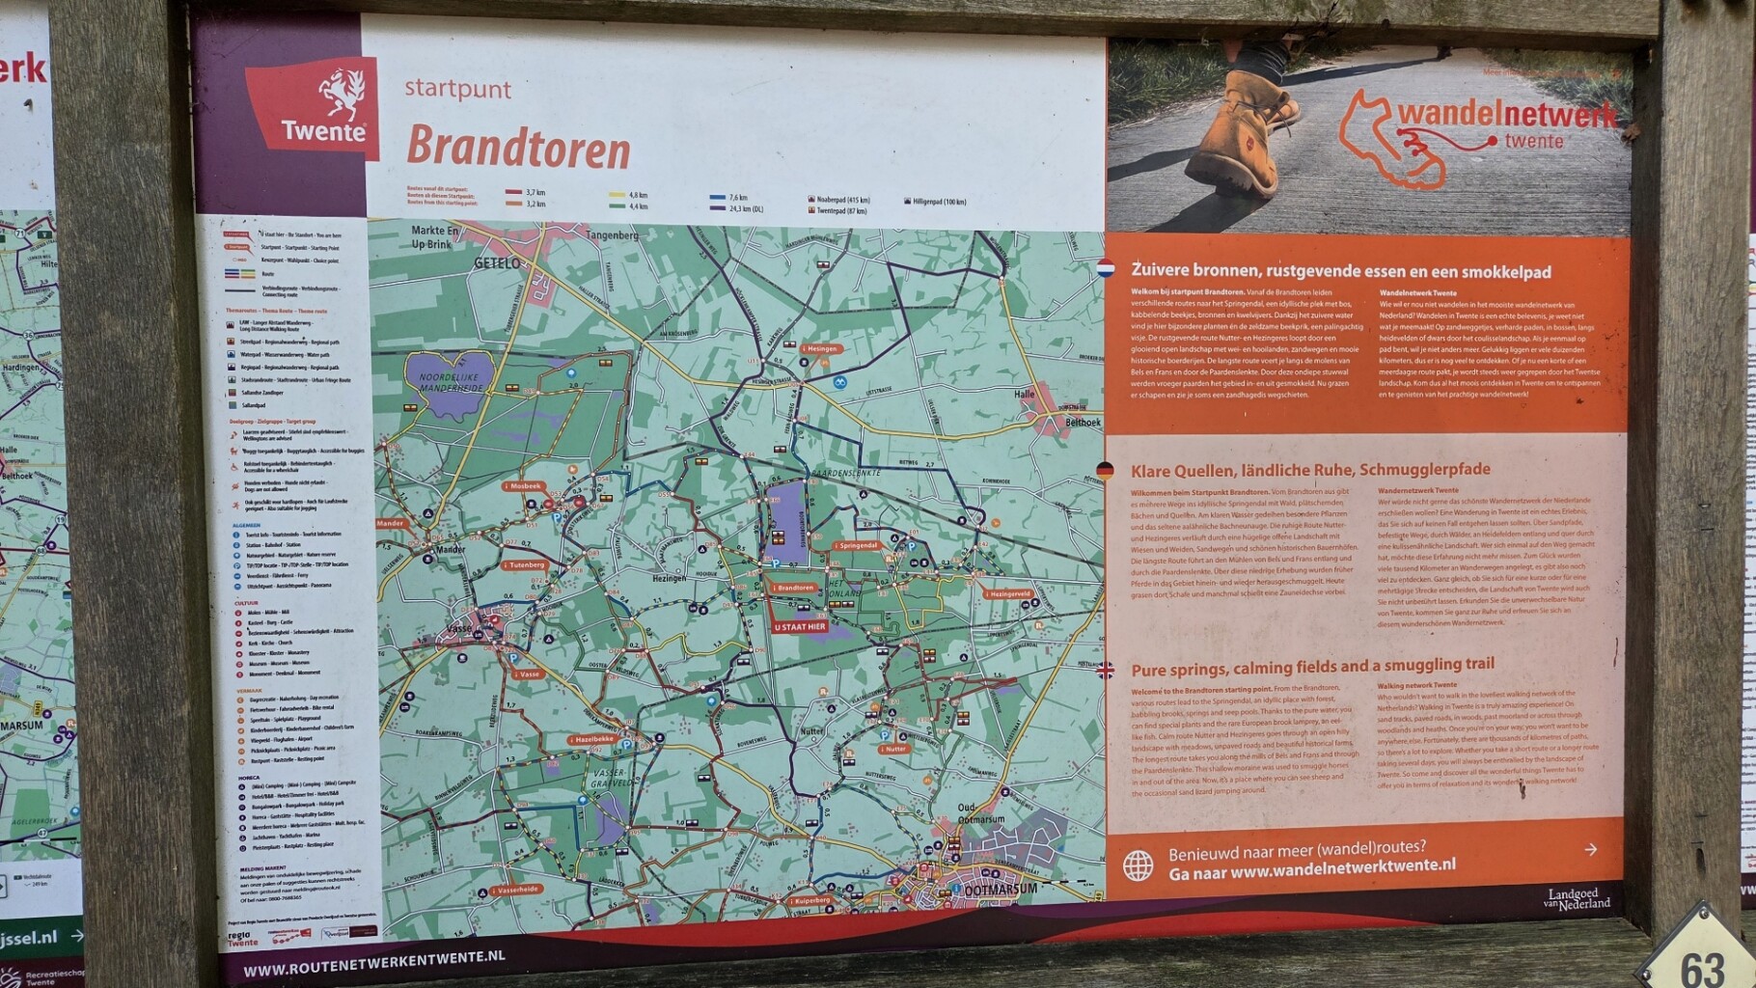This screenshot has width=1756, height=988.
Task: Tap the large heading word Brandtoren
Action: coord(518,148)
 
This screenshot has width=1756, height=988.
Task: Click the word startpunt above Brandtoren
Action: coord(457,89)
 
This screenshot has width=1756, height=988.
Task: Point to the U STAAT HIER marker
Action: coord(800,627)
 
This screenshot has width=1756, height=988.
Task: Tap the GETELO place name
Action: coord(497,262)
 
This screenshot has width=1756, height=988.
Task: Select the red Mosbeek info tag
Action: coord(523,486)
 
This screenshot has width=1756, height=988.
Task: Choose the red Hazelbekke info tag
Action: coord(591,739)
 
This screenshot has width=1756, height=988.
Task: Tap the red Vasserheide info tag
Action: coord(515,890)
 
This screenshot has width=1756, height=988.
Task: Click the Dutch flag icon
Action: coord(1106,267)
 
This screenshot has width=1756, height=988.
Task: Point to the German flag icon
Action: coord(1106,471)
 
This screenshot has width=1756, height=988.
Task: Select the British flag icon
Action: coord(1106,670)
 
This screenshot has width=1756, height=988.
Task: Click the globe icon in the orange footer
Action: coord(1138,865)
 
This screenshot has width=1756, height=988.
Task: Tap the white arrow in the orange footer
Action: coord(1590,849)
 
